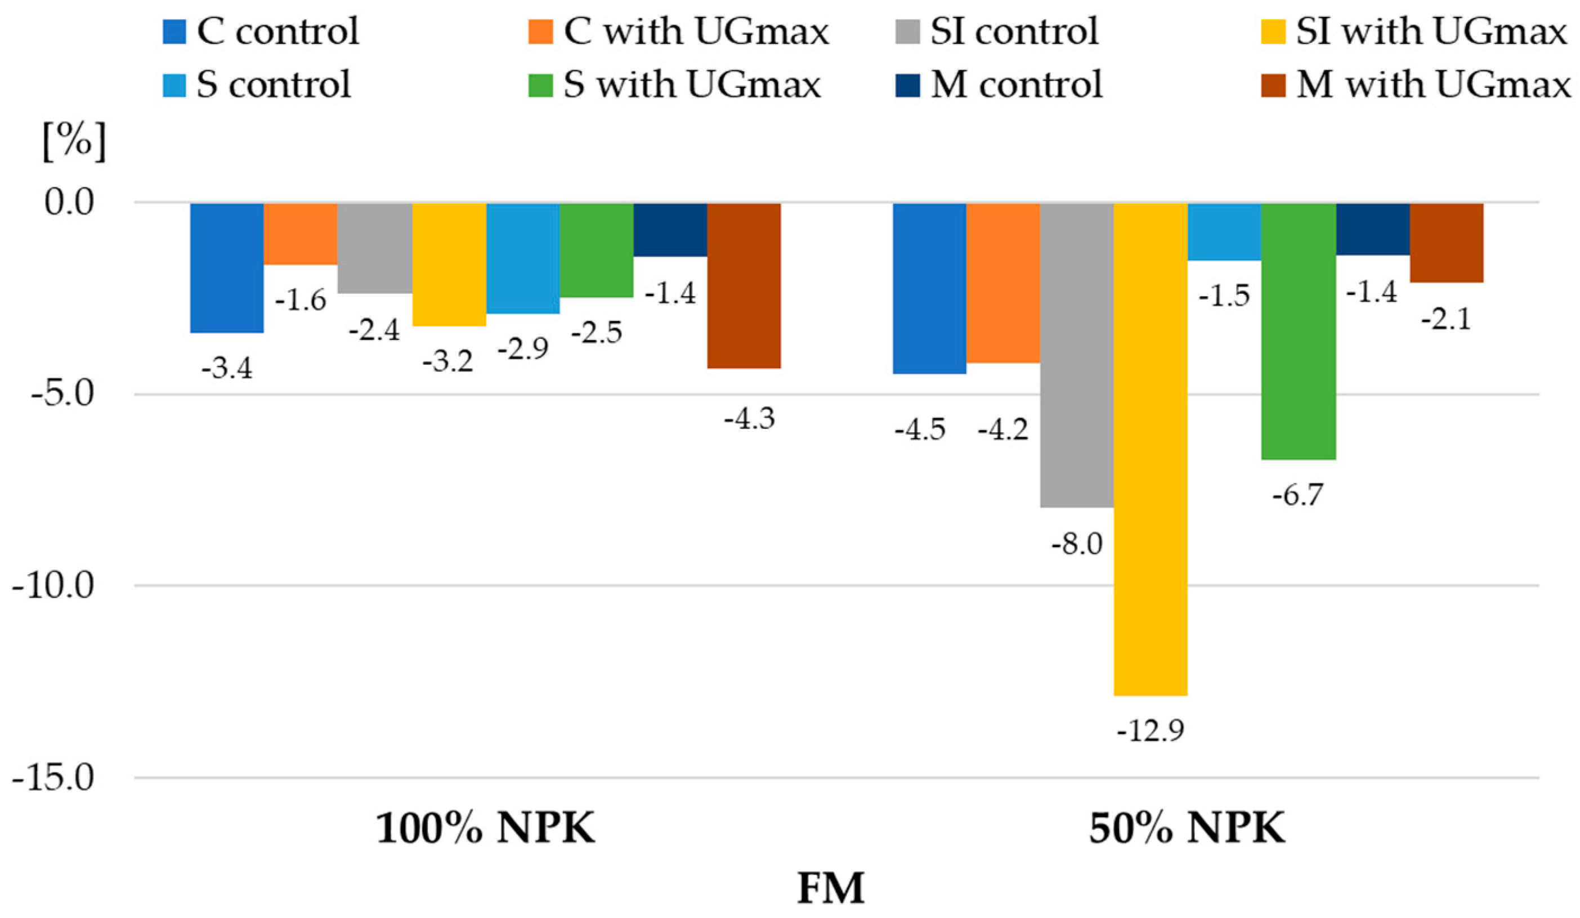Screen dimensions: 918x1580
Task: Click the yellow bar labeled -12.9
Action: coord(1150,449)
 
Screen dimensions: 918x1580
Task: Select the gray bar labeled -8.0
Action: coord(1077,354)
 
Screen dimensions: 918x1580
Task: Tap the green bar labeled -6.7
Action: coord(1298,330)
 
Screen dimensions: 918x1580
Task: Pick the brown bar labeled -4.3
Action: coord(744,285)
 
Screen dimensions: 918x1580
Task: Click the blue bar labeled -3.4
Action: coord(227,267)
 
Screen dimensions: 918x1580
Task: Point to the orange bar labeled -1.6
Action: coord(301,233)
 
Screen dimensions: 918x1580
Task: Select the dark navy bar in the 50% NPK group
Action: coord(1372,229)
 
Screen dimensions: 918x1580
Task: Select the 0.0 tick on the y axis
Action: coord(69,203)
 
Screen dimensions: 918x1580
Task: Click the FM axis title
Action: coord(831,889)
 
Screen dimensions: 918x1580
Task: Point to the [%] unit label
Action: coord(74,142)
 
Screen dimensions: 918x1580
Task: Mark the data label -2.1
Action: coord(1446,320)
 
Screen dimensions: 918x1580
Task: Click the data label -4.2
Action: coord(1003,430)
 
